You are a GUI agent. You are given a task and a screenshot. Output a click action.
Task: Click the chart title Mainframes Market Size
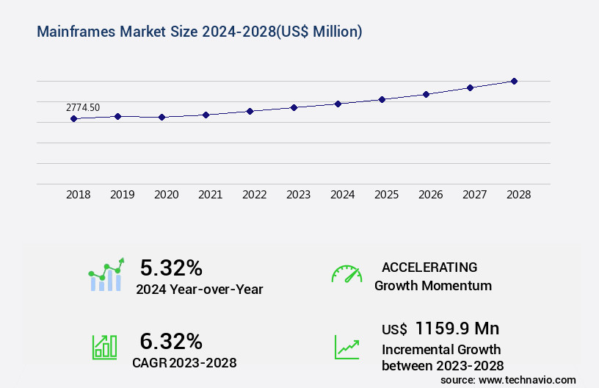(198, 32)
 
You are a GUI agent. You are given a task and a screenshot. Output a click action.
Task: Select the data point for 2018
(73, 118)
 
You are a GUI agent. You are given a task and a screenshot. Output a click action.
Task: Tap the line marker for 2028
(514, 81)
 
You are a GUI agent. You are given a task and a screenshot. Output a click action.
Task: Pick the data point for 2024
(338, 104)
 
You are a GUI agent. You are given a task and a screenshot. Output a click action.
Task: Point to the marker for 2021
(206, 115)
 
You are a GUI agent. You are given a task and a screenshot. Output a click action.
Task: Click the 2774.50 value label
(83, 107)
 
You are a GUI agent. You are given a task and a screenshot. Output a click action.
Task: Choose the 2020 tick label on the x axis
(167, 195)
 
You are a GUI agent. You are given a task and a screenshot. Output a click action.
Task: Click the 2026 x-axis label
(431, 195)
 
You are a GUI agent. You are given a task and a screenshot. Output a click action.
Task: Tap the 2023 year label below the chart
(299, 195)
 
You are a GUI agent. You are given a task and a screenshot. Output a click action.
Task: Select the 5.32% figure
(171, 267)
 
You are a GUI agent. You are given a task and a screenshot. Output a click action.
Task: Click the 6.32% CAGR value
(171, 341)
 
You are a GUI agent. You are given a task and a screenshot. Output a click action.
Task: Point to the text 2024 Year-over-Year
(199, 289)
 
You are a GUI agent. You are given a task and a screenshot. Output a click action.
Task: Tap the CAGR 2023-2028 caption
(184, 362)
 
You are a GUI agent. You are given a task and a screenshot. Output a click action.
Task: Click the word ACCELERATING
(429, 267)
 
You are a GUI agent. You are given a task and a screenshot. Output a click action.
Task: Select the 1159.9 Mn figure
(457, 328)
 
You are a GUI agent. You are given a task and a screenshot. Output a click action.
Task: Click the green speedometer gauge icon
(346, 274)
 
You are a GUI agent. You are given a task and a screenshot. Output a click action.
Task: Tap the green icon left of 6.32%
(104, 347)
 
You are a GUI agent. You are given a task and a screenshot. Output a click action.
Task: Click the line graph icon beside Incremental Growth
(346, 347)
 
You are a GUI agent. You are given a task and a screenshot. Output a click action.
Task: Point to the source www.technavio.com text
(508, 379)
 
